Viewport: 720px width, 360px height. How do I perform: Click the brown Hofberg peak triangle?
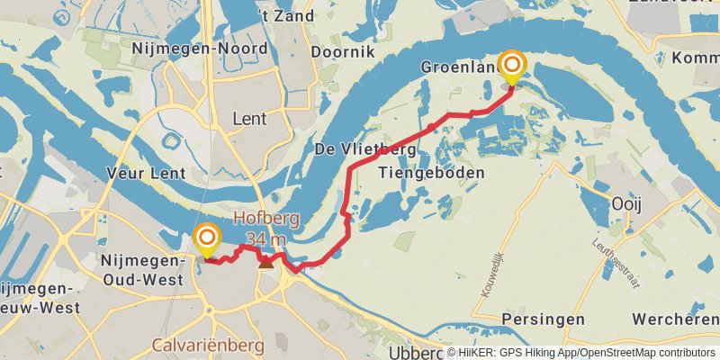pos(265,262)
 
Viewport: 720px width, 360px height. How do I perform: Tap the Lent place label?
pos(249,118)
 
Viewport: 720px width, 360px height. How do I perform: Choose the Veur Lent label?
pos(146,173)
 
